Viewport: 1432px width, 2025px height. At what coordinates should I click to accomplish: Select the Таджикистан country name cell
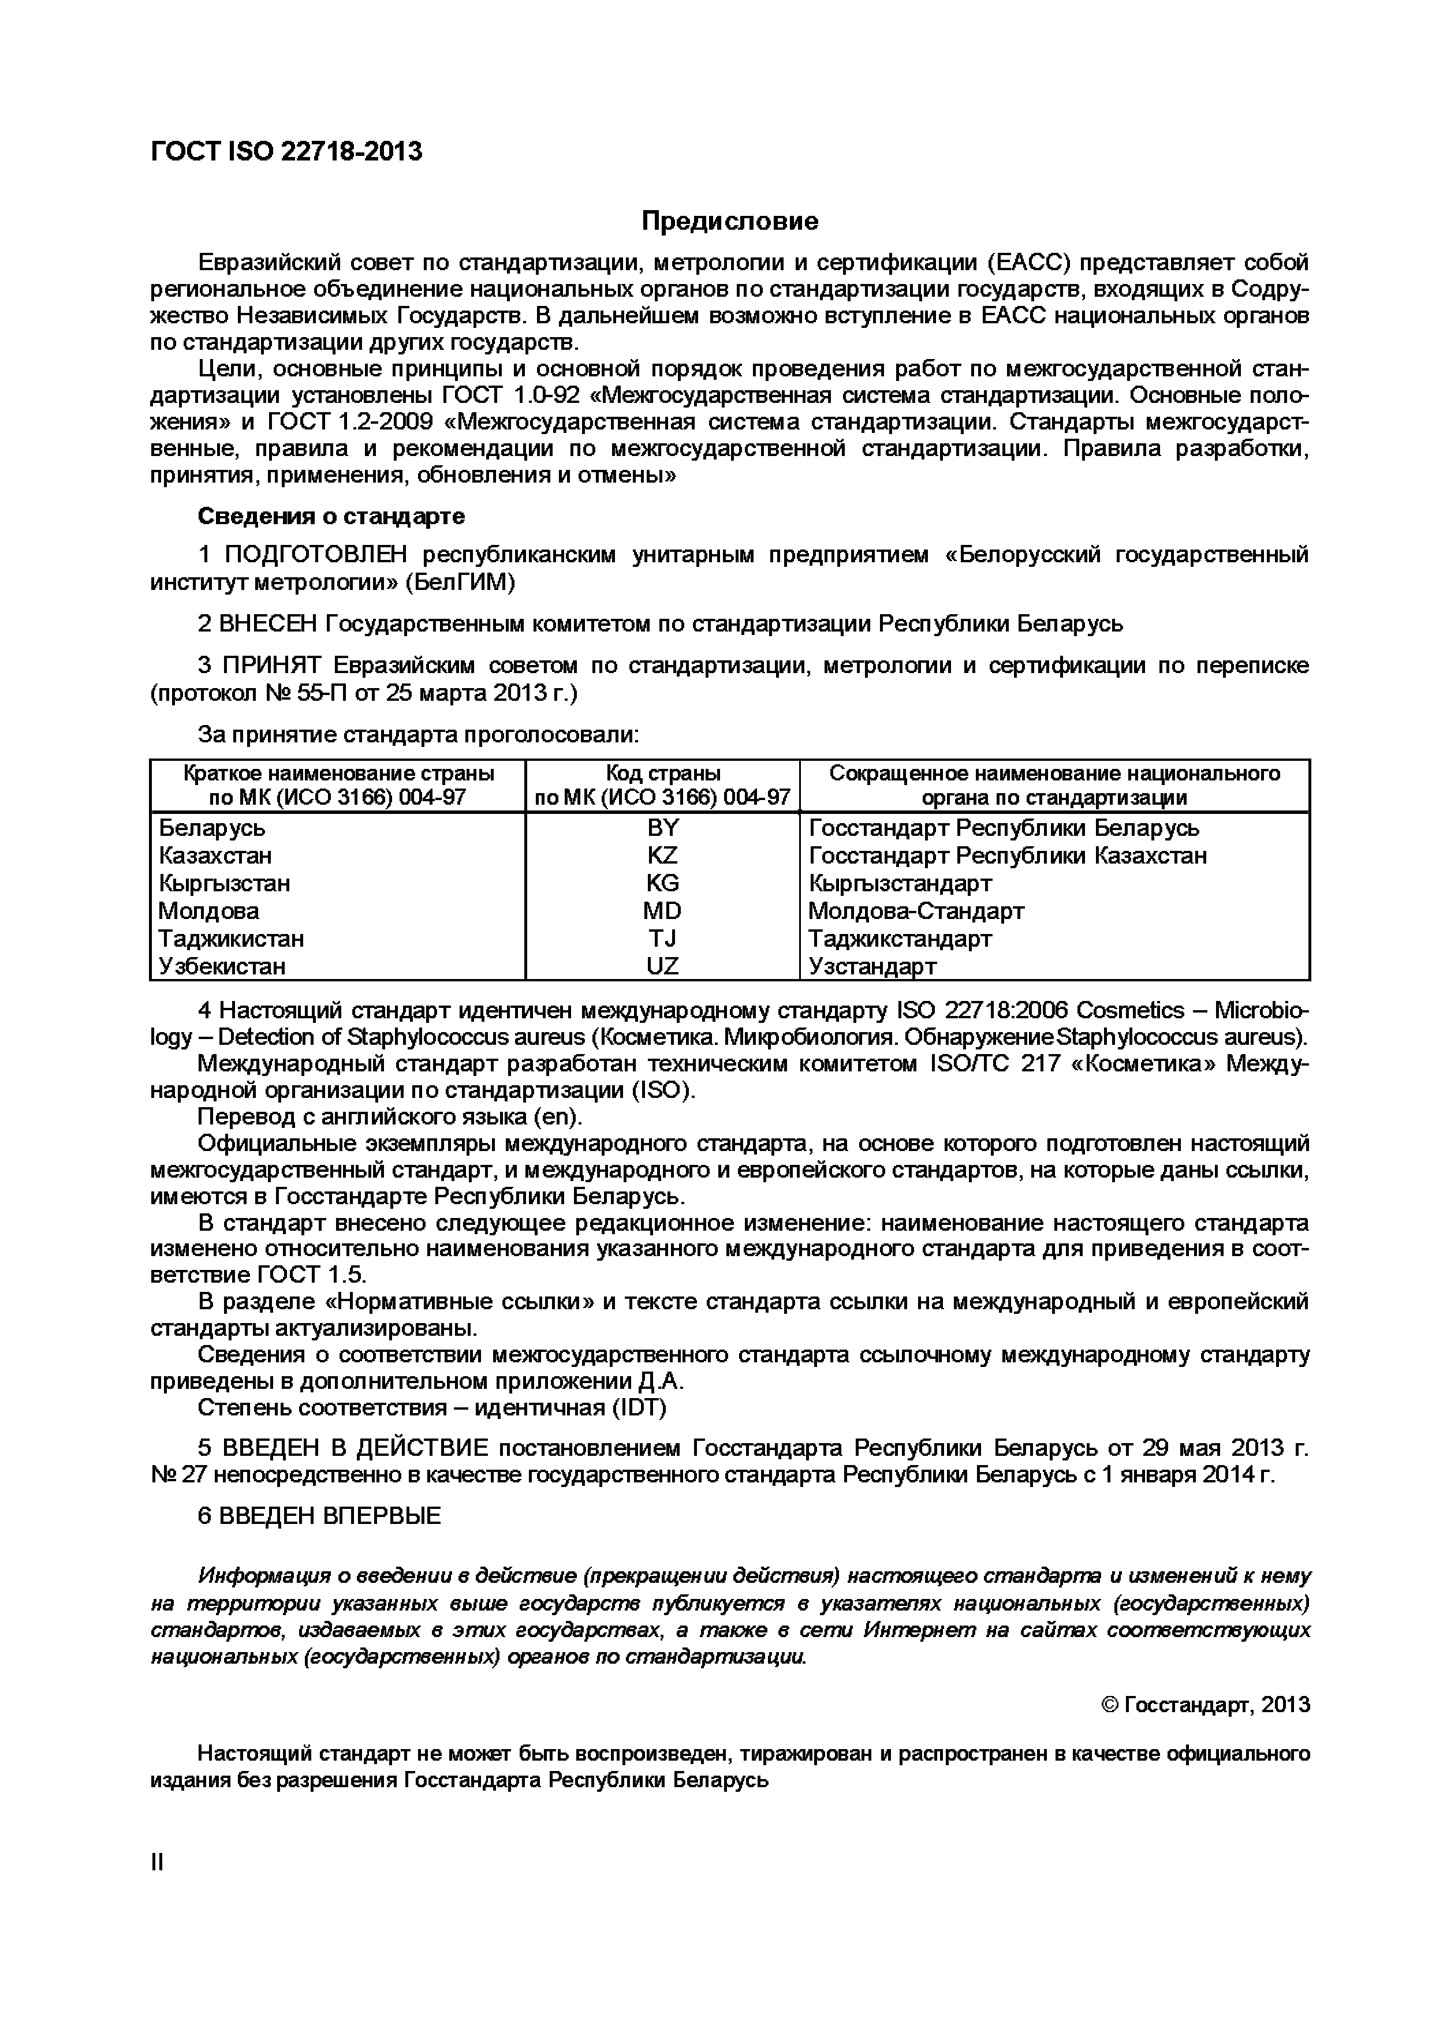click(231, 939)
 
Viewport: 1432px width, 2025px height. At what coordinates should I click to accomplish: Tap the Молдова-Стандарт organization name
click(916, 910)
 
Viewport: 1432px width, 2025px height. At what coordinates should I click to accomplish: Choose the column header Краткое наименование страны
click(338, 774)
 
